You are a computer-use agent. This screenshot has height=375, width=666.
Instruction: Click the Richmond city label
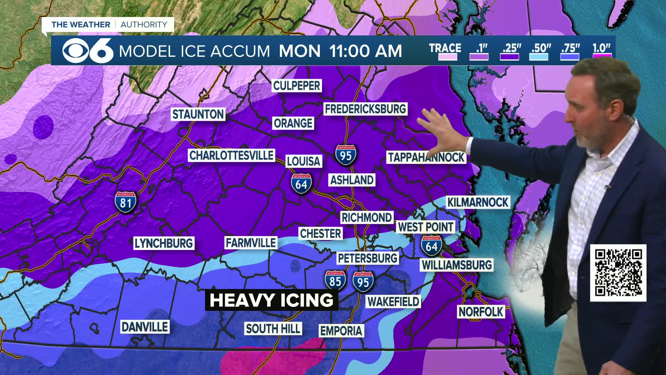click(x=367, y=218)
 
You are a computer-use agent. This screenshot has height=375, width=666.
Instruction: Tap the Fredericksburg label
click(x=365, y=109)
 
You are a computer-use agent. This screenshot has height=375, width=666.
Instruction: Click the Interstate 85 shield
click(x=335, y=281)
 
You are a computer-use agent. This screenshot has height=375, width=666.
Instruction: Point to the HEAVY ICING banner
click(x=271, y=300)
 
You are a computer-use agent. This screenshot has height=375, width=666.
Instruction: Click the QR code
click(x=618, y=273)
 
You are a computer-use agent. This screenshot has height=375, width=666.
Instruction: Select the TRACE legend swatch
click(x=447, y=57)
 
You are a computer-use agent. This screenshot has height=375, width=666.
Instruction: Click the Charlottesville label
click(x=231, y=155)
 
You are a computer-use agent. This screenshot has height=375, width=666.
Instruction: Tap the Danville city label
click(x=145, y=327)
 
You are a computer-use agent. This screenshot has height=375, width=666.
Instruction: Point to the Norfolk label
click(x=481, y=312)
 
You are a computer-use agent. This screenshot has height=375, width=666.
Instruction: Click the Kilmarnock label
click(x=478, y=202)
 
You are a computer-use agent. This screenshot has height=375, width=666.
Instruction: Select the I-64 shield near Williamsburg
click(x=432, y=245)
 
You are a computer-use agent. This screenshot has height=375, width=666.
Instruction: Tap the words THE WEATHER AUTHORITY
click(x=109, y=25)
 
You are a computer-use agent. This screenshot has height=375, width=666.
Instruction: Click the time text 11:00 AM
click(x=365, y=51)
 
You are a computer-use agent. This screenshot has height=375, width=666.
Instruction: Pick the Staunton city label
click(x=198, y=114)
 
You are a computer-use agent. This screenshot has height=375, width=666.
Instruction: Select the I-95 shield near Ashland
click(x=345, y=155)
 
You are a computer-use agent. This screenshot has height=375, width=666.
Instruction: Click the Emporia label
click(x=341, y=331)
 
